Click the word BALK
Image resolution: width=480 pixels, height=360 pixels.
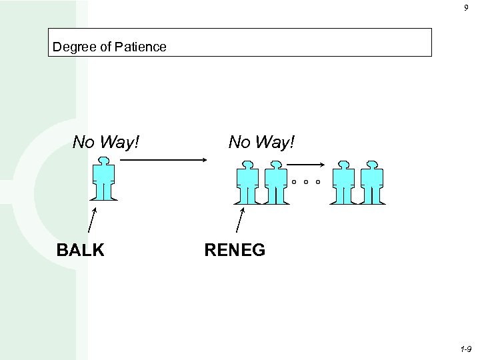81,250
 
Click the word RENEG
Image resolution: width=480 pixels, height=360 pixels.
235,250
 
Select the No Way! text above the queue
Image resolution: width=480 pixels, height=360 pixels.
261,141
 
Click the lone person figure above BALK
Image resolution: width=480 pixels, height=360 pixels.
103,179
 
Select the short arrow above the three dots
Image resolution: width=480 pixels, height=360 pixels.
306,165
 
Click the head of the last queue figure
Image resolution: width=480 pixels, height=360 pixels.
371,164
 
